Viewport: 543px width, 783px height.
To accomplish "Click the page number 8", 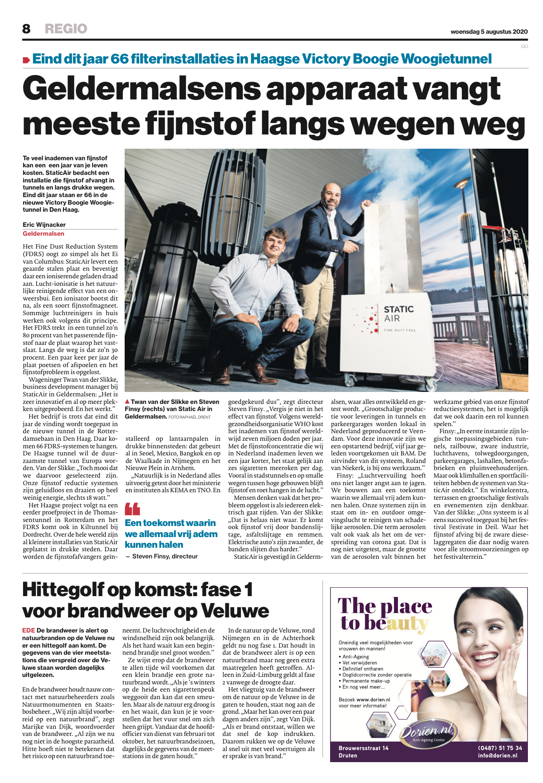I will [27, 29].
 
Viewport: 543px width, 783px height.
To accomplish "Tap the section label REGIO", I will [66, 29].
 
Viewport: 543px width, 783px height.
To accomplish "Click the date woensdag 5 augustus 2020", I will [489, 32].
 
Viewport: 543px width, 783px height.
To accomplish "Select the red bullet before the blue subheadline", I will [27, 60].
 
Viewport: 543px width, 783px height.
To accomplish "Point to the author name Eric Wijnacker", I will [44, 225].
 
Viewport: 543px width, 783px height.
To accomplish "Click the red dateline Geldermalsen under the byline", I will [43, 233].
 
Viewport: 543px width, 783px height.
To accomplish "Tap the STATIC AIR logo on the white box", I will [398, 313].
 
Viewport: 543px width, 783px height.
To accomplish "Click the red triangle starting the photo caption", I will [127, 401].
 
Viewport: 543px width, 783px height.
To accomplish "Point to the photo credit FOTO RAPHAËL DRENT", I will [189, 417].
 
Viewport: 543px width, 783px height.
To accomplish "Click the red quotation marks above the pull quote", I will [132, 509].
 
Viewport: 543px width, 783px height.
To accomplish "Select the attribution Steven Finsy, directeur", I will [165, 556].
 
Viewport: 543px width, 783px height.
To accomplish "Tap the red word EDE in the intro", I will [29, 630].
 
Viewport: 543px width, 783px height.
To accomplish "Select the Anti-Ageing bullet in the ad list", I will [355, 656].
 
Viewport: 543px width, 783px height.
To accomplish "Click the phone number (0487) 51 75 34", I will [500, 748].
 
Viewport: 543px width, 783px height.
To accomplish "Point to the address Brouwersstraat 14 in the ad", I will [363, 748].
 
